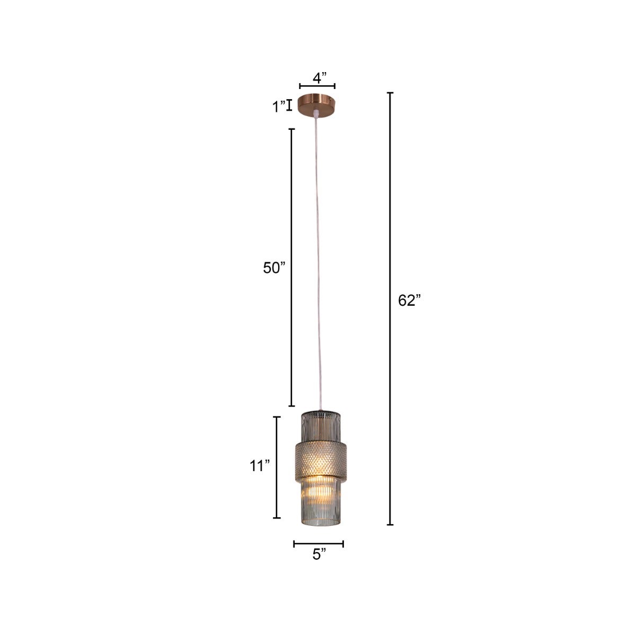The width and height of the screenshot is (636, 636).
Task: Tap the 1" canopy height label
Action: tap(279, 107)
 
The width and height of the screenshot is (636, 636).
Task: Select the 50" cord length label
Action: tap(274, 268)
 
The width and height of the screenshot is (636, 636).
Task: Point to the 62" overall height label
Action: tap(409, 301)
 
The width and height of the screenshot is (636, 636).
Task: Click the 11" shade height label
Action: tap(260, 466)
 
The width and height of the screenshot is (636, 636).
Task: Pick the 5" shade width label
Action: tap(319, 555)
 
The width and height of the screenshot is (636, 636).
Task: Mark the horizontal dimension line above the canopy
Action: tap(317, 86)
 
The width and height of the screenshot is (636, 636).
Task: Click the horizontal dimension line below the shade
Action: tap(319, 543)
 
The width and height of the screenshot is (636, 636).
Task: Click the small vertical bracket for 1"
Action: tap(289, 105)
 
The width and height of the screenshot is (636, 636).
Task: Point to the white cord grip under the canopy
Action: tap(316, 114)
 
